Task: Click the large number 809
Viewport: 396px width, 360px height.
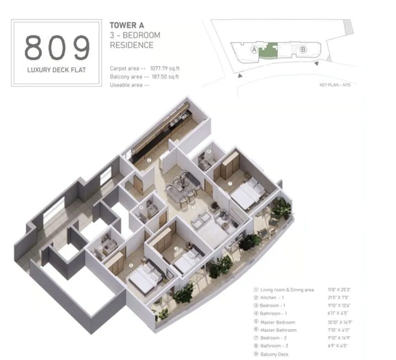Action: (57, 47)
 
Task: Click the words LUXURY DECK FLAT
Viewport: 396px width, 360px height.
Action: (57, 71)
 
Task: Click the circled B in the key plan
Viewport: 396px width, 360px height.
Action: (303, 50)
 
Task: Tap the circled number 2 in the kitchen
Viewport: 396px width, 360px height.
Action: (149, 160)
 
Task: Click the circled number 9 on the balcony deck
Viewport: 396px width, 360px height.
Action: (238, 260)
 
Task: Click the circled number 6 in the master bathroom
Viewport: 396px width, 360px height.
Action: (100, 248)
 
